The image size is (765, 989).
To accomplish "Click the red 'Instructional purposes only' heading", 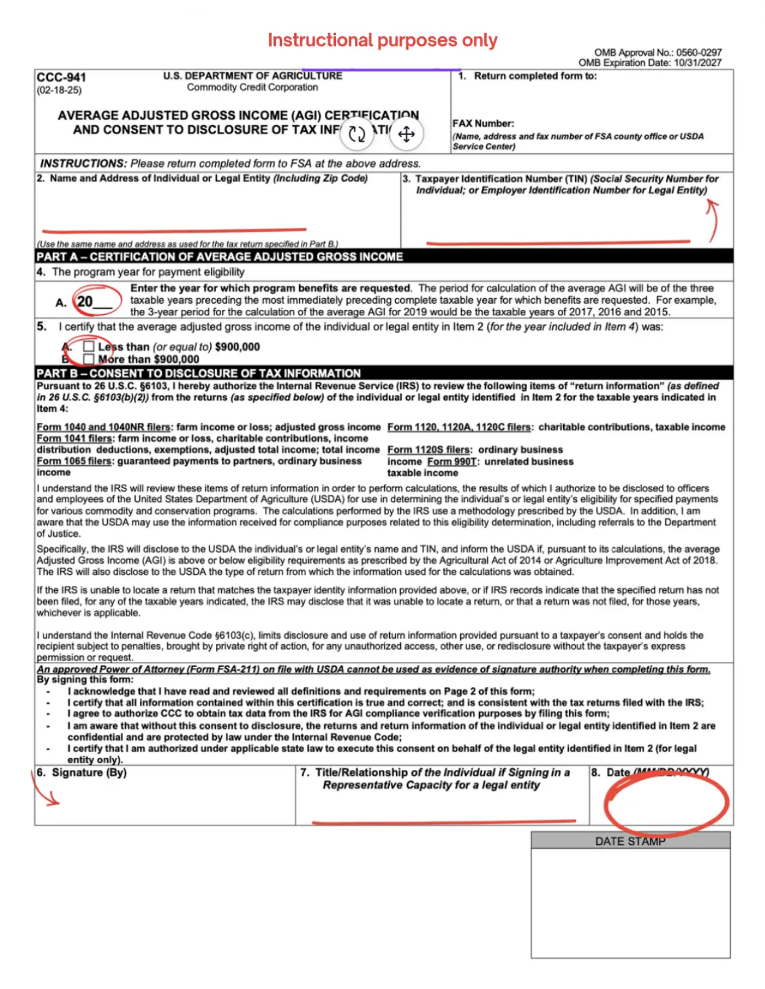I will pyautogui.click(x=382, y=40).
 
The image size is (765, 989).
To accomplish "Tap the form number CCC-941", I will pyautogui.click(x=61, y=78).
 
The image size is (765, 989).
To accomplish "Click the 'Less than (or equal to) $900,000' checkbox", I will pyautogui.click(x=89, y=347).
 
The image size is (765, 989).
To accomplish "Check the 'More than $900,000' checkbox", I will pyautogui.click(x=89, y=359).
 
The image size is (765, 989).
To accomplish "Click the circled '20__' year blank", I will pyautogui.click(x=95, y=302).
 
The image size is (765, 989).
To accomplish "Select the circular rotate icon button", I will pyautogui.click(x=357, y=134).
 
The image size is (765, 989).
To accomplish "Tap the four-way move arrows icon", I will pyautogui.click(x=406, y=134).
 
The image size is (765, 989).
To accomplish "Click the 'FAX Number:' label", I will pyautogui.click(x=483, y=123).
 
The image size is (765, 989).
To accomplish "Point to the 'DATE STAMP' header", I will pyautogui.click(x=630, y=841).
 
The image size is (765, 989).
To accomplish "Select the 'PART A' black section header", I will pyautogui.click(x=219, y=256).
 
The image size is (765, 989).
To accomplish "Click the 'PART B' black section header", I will pyautogui.click(x=199, y=373).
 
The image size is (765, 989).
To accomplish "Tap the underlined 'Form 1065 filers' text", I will pyautogui.click(x=74, y=461).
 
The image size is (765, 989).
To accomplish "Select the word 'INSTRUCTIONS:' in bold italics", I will pyautogui.click(x=83, y=164).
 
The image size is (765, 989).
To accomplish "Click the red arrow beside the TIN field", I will pyautogui.click(x=712, y=221).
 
